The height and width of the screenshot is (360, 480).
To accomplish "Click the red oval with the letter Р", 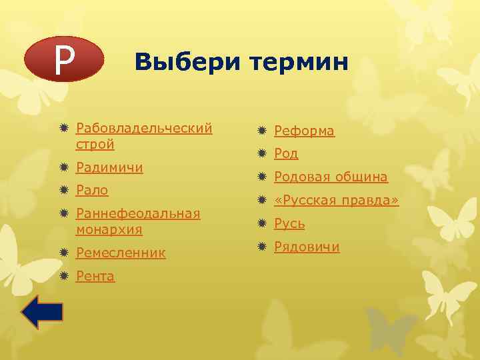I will [x=63, y=59].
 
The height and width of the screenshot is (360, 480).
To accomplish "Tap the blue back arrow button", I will [x=41, y=312].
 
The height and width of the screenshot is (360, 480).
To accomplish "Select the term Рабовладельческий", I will [x=144, y=127].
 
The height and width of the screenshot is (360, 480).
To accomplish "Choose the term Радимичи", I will [x=109, y=167].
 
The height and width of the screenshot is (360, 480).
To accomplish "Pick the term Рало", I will [x=93, y=190].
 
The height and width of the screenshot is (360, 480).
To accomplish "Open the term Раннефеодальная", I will [x=138, y=213].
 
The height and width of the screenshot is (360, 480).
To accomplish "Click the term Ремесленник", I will [x=121, y=253].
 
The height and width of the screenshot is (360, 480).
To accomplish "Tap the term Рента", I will [x=95, y=276].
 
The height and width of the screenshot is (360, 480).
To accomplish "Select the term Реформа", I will [x=304, y=131].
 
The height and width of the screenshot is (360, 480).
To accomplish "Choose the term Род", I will [x=286, y=154].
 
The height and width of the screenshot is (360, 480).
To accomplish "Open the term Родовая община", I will [x=331, y=177].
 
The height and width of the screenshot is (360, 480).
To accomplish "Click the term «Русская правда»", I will [x=336, y=200].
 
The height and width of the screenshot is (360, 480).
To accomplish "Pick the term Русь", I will [x=289, y=223].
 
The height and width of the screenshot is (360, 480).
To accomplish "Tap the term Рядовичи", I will [x=307, y=247].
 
